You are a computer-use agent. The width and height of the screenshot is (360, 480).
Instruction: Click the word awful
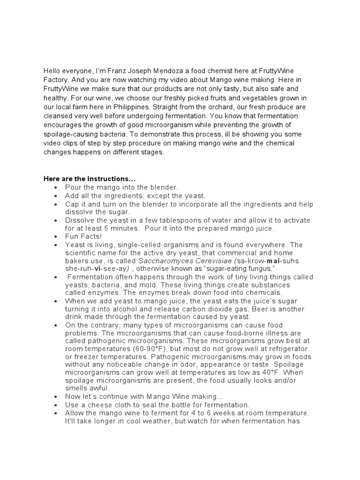pos(99,388)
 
